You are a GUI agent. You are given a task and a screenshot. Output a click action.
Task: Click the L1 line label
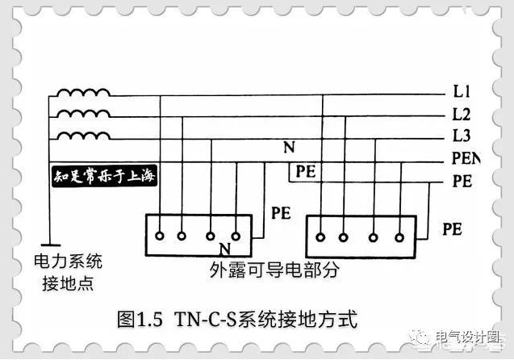(x=462, y=90)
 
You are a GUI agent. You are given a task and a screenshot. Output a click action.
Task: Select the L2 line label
(x=462, y=114)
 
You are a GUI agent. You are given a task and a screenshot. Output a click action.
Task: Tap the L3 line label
(x=462, y=136)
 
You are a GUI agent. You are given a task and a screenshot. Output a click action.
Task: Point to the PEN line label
(x=466, y=159)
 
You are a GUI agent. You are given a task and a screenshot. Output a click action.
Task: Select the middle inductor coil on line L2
(x=83, y=115)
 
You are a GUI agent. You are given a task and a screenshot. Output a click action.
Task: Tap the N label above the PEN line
(x=288, y=148)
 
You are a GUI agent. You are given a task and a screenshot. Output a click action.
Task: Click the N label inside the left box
(x=225, y=248)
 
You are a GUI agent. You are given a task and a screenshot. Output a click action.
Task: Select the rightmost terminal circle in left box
(x=236, y=237)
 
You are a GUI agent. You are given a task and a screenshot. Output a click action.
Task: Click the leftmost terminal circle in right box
(x=320, y=237)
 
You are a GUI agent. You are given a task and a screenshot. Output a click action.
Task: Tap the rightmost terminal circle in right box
(x=398, y=237)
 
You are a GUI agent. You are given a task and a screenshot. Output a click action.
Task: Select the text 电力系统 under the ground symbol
(x=68, y=262)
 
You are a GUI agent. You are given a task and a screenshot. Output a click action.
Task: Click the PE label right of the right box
(x=452, y=229)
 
